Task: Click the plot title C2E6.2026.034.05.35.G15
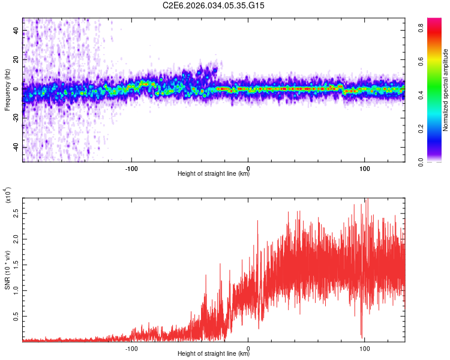point(214,5)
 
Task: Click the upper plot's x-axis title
point(214,174)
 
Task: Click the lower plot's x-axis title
point(214,355)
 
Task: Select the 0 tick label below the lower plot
point(248,347)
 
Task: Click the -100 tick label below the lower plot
point(132,347)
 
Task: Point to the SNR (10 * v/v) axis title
point(7,270)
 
